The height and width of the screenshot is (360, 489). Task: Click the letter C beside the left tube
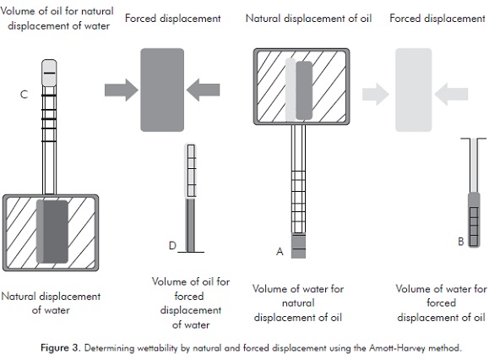tap(24, 94)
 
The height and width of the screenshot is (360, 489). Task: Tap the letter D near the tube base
tap(172, 246)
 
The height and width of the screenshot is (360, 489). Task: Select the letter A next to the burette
tap(280, 251)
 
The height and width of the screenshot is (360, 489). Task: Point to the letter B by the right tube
tap(461, 242)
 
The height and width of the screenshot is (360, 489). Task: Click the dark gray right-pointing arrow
tap(122, 90)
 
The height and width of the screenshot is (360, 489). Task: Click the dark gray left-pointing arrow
tap(203, 90)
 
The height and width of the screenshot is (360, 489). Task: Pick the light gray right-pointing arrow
tap(376, 94)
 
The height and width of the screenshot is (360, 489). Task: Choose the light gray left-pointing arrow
tap(451, 94)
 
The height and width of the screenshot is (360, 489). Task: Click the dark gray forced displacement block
tap(162, 90)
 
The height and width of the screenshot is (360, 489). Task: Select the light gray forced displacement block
tap(414, 90)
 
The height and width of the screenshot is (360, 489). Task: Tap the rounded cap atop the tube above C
tap(49, 73)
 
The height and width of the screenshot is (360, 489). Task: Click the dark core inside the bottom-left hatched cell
tap(55, 232)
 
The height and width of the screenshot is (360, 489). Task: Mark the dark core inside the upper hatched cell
tap(304, 90)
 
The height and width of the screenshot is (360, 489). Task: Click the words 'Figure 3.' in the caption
tap(61, 348)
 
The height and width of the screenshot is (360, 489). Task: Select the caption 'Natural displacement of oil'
tap(309, 19)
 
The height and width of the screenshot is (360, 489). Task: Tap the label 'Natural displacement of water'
tap(51, 303)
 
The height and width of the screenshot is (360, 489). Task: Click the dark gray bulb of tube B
tap(474, 220)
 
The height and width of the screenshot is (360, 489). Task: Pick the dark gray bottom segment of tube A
tap(298, 246)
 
